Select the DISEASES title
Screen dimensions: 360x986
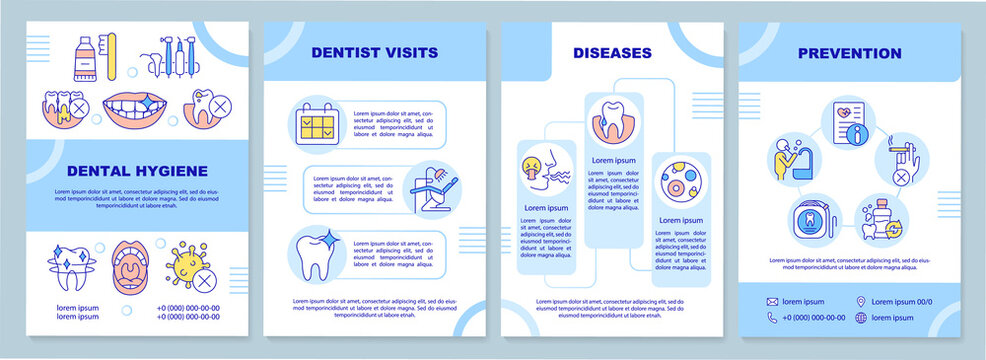[612, 52]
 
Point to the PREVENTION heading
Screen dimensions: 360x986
[849, 53]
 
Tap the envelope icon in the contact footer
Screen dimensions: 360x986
[773, 301]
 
